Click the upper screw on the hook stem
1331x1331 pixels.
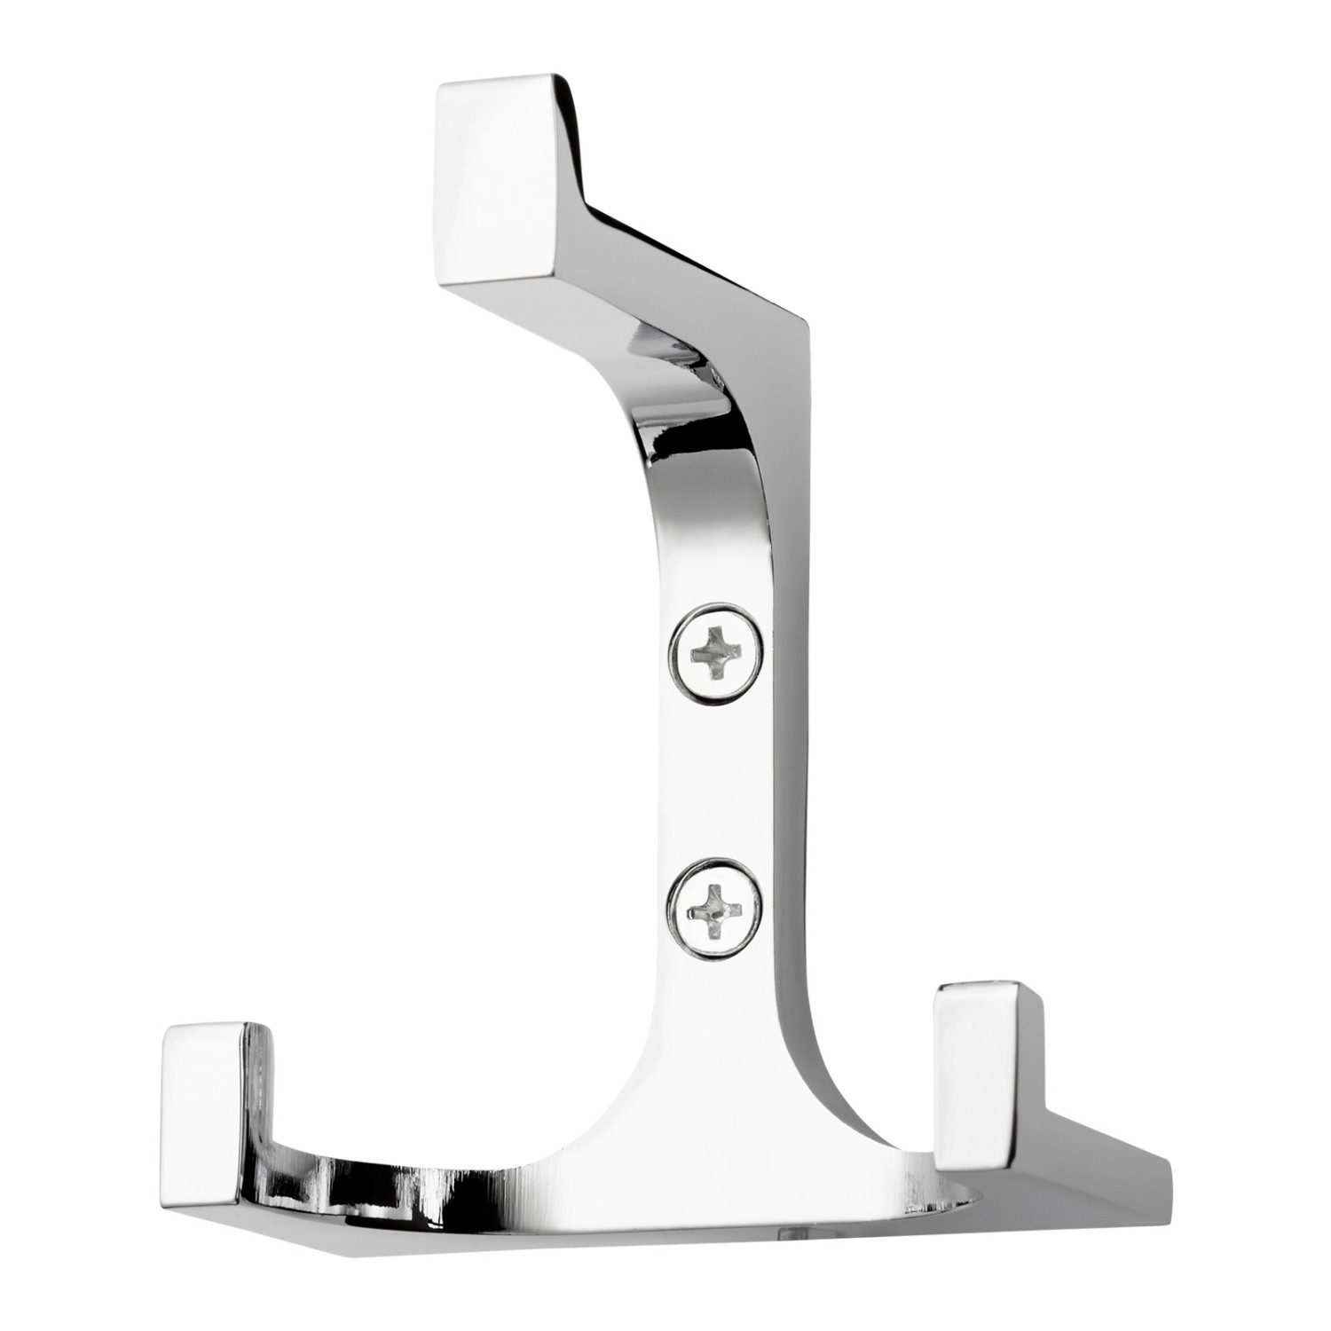pos(716,654)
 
